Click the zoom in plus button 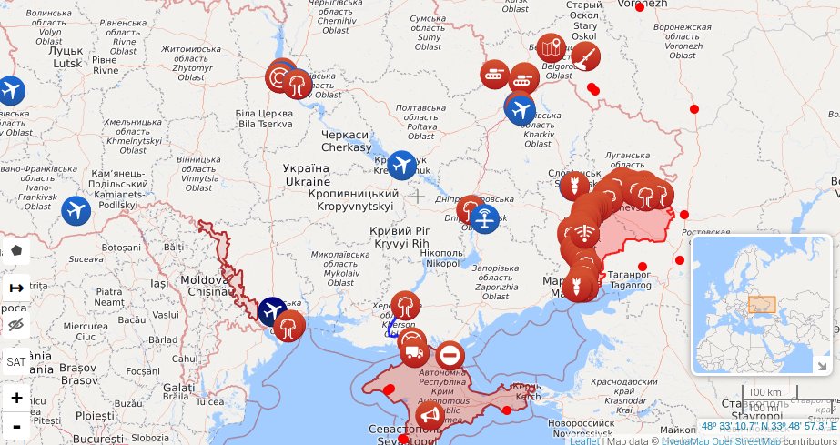[x=15, y=398]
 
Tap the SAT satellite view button [x=15, y=361]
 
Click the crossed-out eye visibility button [x=15, y=325]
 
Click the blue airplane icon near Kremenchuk [x=401, y=165]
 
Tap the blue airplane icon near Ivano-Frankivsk [x=76, y=210]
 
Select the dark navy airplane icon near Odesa [x=272, y=311]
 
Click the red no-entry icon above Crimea [x=450, y=355]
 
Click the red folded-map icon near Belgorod [x=551, y=47]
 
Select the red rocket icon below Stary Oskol [x=586, y=58]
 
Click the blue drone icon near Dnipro [x=485, y=218]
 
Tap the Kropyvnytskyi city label [x=354, y=200]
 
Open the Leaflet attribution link [x=584, y=440]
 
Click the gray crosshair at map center [x=418, y=196]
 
